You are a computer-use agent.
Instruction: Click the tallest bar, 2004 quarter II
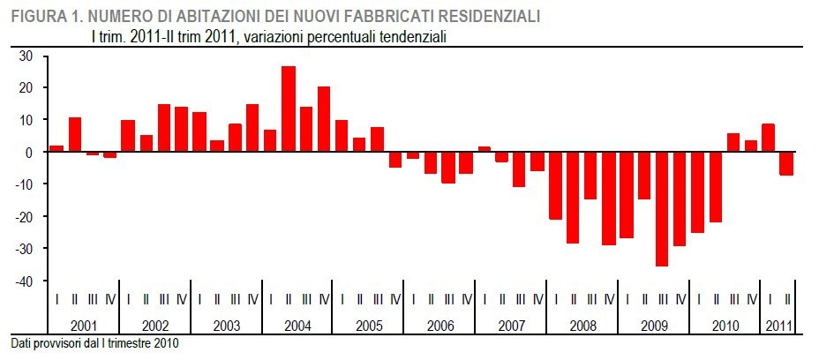(289, 109)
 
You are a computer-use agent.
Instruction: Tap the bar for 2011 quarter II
(785, 163)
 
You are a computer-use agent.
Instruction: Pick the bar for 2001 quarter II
(75, 134)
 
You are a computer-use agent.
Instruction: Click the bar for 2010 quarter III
(733, 142)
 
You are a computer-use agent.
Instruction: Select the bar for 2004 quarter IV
(324, 119)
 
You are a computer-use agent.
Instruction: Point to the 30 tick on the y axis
(26, 56)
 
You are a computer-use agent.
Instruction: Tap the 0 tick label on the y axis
(29, 152)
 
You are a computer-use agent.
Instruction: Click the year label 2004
(297, 326)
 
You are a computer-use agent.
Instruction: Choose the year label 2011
(778, 326)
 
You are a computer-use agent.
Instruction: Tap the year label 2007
(511, 326)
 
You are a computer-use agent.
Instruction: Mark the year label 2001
(84, 326)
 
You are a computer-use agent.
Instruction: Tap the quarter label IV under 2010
(751, 300)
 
